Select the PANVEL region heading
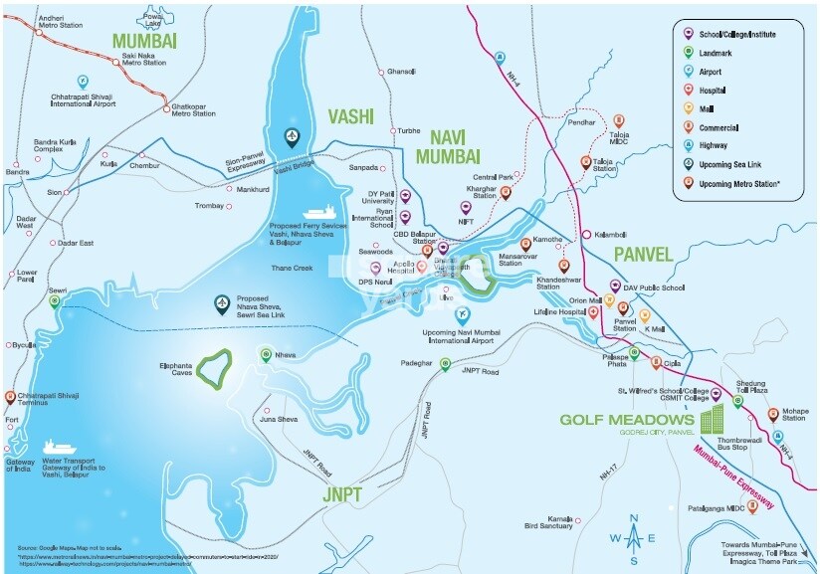tap(643, 255)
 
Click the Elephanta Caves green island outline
tap(212, 366)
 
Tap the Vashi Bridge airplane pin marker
tap(293, 137)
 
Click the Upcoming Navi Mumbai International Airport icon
tap(461, 315)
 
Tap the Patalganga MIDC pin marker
tap(752, 505)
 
